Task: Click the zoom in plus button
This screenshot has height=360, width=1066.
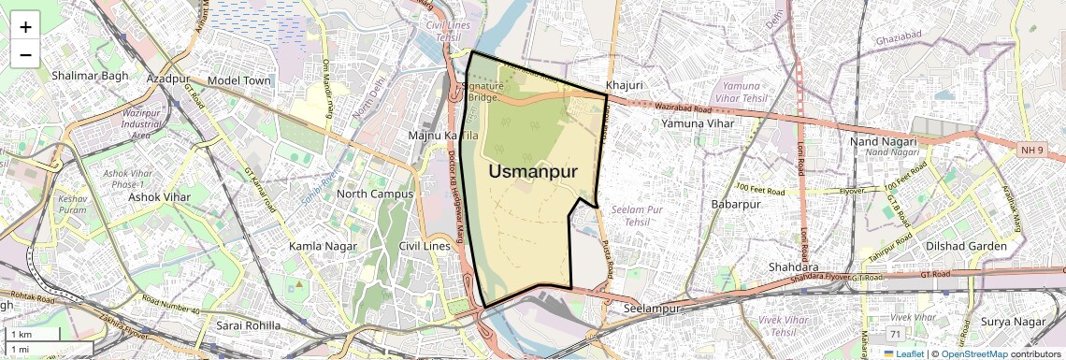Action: [25, 26]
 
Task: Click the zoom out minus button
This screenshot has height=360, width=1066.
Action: [25, 54]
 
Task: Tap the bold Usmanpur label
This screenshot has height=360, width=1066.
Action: [533, 171]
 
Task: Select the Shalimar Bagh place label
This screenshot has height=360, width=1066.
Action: [90, 75]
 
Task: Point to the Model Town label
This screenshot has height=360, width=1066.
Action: [239, 80]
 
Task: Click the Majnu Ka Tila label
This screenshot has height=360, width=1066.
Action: [443, 137]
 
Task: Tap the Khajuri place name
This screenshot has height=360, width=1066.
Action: [624, 85]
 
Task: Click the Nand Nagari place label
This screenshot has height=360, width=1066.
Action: [881, 140]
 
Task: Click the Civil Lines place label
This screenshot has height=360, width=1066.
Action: [424, 246]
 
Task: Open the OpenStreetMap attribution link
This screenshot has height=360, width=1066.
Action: [973, 353]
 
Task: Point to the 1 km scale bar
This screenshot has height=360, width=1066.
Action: [33, 334]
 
